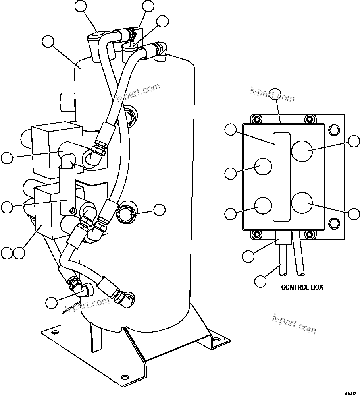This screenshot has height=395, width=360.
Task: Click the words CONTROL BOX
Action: click(x=302, y=287)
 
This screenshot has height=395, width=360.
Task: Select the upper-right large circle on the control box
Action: click(x=302, y=151)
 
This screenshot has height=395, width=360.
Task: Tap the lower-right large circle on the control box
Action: click(x=302, y=203)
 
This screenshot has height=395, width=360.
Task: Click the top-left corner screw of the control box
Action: click(x=255, y=119)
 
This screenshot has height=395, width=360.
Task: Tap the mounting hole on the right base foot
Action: click(x=216, y=339)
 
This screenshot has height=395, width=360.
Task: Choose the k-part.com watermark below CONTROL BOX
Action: click(x=294, y=323)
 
